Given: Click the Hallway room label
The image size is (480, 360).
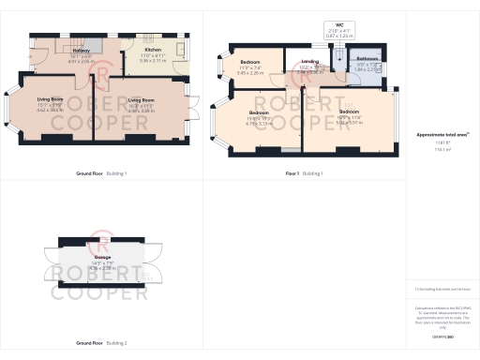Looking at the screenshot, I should pos(82,50).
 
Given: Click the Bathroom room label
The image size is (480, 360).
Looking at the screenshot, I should pos(367,57).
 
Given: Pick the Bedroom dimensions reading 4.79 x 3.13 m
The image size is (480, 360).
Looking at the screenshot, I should pos(258,122).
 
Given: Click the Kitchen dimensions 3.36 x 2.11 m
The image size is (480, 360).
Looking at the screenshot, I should pos(153,61).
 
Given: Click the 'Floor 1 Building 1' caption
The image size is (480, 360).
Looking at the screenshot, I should pos(305,173).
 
